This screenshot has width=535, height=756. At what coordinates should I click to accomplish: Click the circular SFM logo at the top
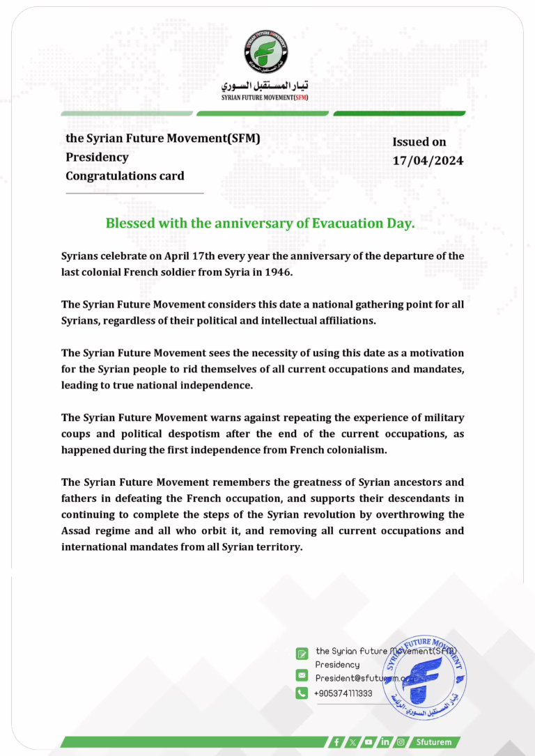(x=267, y=52)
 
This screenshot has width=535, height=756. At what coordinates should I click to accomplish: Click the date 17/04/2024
(x=428, y=161)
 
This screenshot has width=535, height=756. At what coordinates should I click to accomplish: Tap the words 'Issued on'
(x=419, y=142)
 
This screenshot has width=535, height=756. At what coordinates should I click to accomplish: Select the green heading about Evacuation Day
(x=260, y=224)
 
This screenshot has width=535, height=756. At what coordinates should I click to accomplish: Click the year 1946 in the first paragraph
(x=279, y=272)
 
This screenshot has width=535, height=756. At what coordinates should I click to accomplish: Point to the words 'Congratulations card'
(x=125, y=176)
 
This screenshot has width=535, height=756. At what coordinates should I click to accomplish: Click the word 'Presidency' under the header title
(x=97, y=157)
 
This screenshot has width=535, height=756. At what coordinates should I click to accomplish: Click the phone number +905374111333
(x=343, y=693)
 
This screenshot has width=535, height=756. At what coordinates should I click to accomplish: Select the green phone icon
(x=302, y=693)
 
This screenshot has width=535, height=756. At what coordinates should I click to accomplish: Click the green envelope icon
(x=302, y=675)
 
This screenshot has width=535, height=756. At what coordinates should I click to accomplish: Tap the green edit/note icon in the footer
(x=302, y=653)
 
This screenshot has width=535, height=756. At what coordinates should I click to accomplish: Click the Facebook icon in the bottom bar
(x=337, y=742)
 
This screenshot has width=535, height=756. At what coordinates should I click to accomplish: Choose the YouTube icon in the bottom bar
(x=369, y=742)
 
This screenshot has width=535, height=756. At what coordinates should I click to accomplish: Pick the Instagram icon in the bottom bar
(x=401, y=742)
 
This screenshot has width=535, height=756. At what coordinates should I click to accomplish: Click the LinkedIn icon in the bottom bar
(x=385, y=742)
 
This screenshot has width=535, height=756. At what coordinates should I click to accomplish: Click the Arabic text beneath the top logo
(x=267, y=87)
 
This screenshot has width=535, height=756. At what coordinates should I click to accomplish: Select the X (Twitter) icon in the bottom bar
(x=352, y=742)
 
